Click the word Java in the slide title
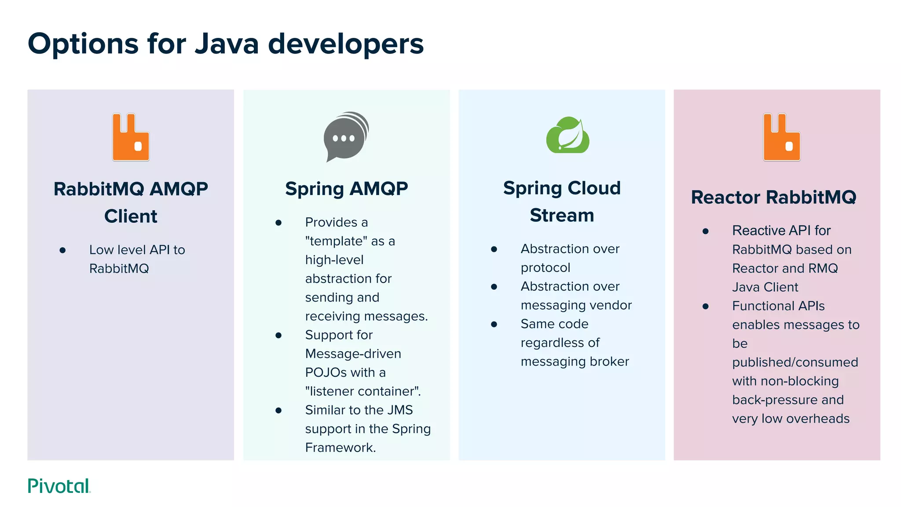click(227, 44)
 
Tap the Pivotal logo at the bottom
click(59, 486)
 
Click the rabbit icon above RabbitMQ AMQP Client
click(131, 137)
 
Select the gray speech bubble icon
click(346, 136)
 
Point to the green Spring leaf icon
click(568, 136)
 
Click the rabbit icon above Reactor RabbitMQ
click(781, 137)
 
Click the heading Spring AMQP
click(346, 189)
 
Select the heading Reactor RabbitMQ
click(773, 197)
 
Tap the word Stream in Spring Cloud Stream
click(562, 215)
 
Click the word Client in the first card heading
click(131, 217)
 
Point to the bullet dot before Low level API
click(62, 250)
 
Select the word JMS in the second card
click(400, 410)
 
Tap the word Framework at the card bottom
click(340, 448)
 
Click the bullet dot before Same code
click(494, 324)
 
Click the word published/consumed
click(795, 362)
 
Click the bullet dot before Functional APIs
click(706, 306)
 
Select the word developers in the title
click(346, 44)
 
